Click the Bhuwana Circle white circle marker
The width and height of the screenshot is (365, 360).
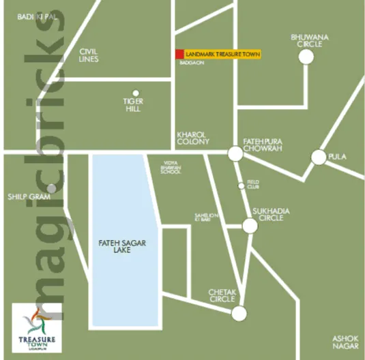pyautogui.click(x=306, y=57)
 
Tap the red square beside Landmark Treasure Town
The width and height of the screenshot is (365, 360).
pyautogui.click(x=179, y=54)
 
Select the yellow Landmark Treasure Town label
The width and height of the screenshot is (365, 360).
pyautogui.click(x=222, y=54)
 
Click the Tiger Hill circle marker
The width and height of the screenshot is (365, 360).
pyautogui.click(x=136, y=93)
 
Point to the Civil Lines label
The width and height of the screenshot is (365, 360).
pyautogui.click(x=89, y=55)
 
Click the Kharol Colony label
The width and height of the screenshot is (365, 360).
pyautogui.click(x=192, y=138)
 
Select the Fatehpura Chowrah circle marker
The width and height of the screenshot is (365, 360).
pyautogui.click(x=235, y=155)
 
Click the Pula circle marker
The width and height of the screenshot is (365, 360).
pyautogui.click(x=318, y=157)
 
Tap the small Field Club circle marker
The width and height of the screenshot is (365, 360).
pyautogui.click(x=241, y=185)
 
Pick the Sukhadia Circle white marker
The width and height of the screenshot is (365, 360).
pyautogui.click(x=250, y=226)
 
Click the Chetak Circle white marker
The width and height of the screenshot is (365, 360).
pyautogui.click(x=238, y=314)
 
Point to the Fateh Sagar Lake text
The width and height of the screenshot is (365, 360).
pyautogui.click(x=114, y=246)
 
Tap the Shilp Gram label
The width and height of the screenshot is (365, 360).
pyautogui.click(x=25, y=197)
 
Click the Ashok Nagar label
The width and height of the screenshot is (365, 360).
pyautogui.click(x=345, y=342)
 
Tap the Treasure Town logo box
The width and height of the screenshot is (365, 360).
pyautogui.click(x=38, y=327)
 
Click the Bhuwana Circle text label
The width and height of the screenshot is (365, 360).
pyautogui.click(x=306, y=40)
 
